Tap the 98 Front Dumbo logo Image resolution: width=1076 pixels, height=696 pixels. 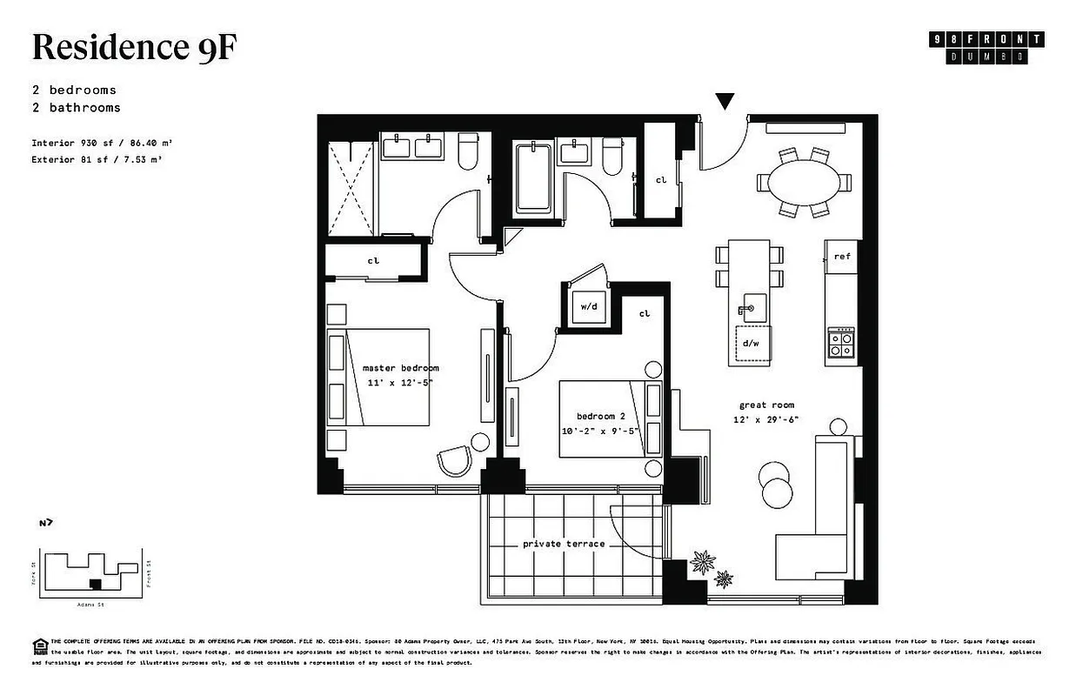(x=987, y=48)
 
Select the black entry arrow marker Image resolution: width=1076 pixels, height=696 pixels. (x=725, y=102)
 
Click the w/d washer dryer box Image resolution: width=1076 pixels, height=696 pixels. (x=589, y=307)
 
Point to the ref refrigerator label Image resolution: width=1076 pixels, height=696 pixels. (x=841, y=257)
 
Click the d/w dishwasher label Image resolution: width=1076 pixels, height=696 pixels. (x=751, y=342)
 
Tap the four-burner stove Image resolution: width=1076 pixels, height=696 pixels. (x=841, y=342)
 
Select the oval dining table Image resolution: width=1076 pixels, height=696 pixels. (x=804, y=182)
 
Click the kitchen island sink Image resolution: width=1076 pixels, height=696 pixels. (x=751, y=307)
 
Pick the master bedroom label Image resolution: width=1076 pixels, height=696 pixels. (x=400, y=368)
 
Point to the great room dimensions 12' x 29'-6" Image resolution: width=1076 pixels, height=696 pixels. (x=765, y=419)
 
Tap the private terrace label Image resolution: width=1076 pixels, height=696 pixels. (x=563, y=544)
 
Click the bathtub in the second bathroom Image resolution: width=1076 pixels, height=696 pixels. (x=533, y=179)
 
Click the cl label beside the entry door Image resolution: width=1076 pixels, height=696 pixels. (x=660, y=180)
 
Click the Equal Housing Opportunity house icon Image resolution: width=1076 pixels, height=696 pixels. (x=39, y=645)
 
